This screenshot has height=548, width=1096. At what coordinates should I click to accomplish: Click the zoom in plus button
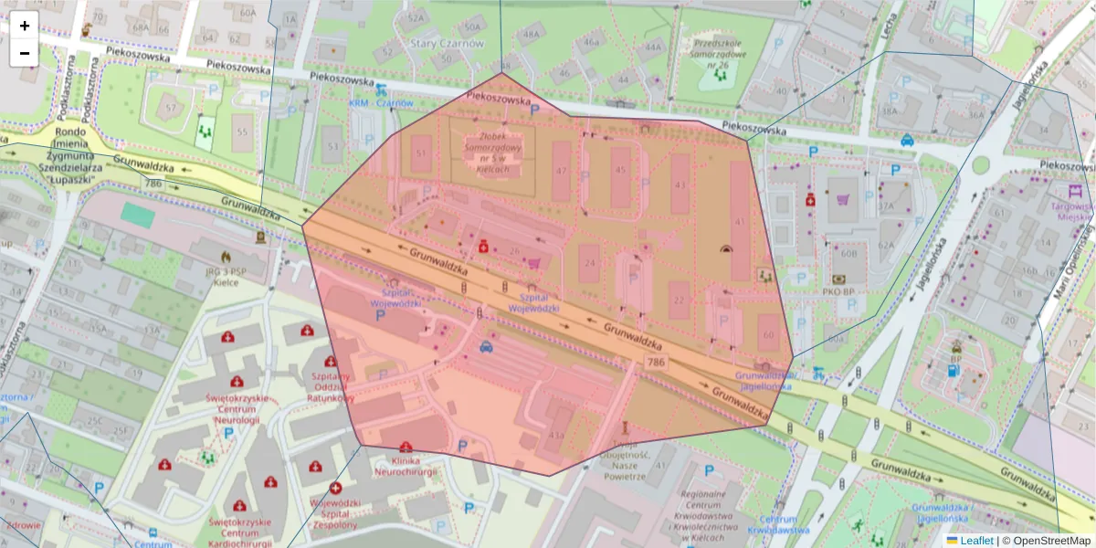25,26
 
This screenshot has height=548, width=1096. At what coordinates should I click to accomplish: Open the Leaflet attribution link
975,540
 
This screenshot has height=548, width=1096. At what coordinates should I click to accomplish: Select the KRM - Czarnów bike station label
381,103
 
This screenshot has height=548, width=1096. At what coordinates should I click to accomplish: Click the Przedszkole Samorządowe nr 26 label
722,54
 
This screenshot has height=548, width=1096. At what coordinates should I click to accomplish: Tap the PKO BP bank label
837,291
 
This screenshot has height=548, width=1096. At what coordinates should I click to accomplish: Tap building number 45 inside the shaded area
621,170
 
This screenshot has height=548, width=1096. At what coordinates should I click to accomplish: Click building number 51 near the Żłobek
421,153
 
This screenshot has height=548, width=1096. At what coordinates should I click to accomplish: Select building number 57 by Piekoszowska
170,108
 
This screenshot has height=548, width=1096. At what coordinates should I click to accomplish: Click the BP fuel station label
956,359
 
